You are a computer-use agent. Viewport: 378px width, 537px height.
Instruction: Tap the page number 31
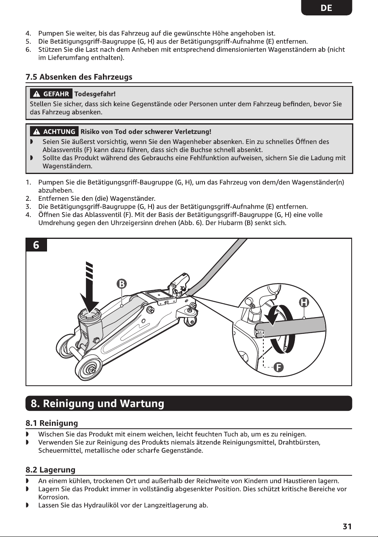click(x=347, y=526)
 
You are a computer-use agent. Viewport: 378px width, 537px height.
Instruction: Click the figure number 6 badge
click(x=36, y=245)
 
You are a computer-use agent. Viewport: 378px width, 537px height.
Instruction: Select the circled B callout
click(x=122, y=284)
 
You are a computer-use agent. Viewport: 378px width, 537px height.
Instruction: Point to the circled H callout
click(x=304, y=303)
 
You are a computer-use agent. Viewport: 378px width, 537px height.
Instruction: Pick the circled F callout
click(x=279, y=367)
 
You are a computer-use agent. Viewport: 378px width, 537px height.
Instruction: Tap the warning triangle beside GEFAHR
click(x=36, y=94)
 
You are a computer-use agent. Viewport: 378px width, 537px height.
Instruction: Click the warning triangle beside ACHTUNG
click(x=36, y=131)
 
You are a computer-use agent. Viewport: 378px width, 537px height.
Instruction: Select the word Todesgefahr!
click(x=95, y=94)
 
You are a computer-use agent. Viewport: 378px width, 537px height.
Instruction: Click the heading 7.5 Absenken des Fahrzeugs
click(x=79, y=77)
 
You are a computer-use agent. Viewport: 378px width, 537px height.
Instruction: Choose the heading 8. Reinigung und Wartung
click(x=97, y=404)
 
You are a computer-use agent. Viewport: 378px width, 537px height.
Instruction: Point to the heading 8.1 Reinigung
click(x=52, y=423)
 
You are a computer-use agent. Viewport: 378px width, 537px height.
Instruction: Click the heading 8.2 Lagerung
click(x=50, y=470)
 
